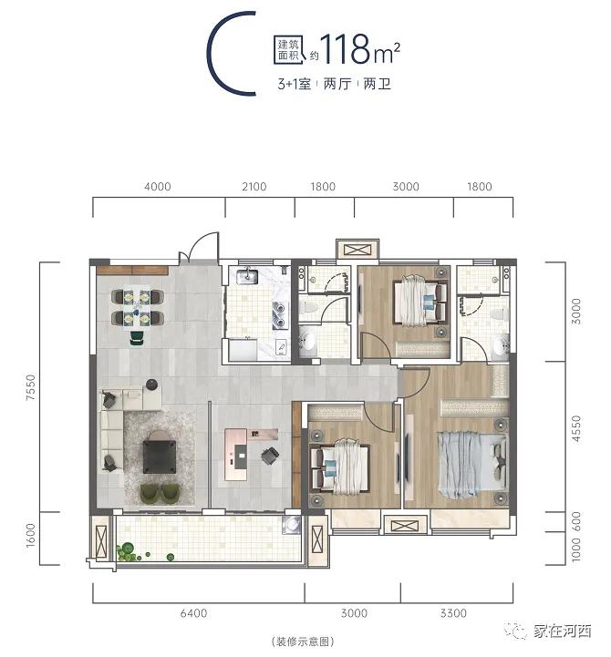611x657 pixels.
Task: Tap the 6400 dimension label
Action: coord(193,613)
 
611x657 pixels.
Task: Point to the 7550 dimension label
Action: coord(31,387)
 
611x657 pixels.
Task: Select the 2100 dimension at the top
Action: coord(254,187)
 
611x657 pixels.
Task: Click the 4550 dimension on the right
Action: coord(576,428)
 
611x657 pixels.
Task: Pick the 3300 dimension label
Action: coord(453,613)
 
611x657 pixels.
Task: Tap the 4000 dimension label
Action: coord(157,187)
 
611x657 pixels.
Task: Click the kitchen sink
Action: coord(246,276)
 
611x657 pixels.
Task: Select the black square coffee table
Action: coord(160,457)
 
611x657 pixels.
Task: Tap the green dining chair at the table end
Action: coord(137,338)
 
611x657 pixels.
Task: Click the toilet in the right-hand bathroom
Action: coord(499,313)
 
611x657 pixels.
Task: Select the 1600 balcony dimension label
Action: coord(31,535)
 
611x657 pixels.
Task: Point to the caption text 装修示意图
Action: coord(303,642)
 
